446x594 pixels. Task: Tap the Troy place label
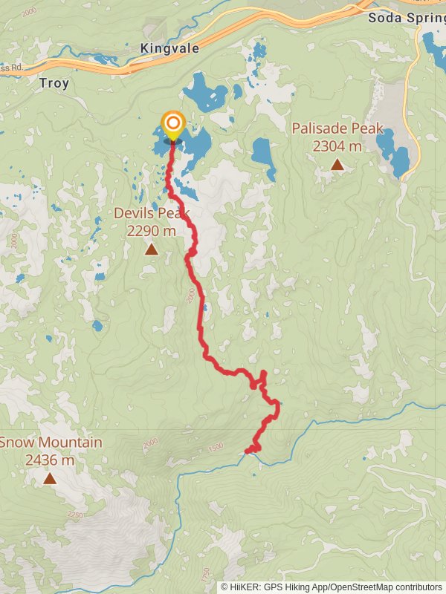[54, 83]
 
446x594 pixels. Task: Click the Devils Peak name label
[152, 214]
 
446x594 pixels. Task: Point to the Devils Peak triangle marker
[152, 249]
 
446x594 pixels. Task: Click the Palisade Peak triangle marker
[337, 165]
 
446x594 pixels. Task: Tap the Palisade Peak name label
[337, 128]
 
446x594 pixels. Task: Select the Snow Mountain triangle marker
[50, 479]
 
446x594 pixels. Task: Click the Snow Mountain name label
[51, 443]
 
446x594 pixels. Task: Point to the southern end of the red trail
[248, 450]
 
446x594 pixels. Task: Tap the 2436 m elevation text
[50, 460]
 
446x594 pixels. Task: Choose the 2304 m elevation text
[337, 146]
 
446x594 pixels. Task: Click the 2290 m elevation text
[152, 231]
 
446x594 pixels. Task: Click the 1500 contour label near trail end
[216, 447]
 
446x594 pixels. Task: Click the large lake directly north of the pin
[204, 93]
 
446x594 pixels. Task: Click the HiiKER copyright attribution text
[331, 587]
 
